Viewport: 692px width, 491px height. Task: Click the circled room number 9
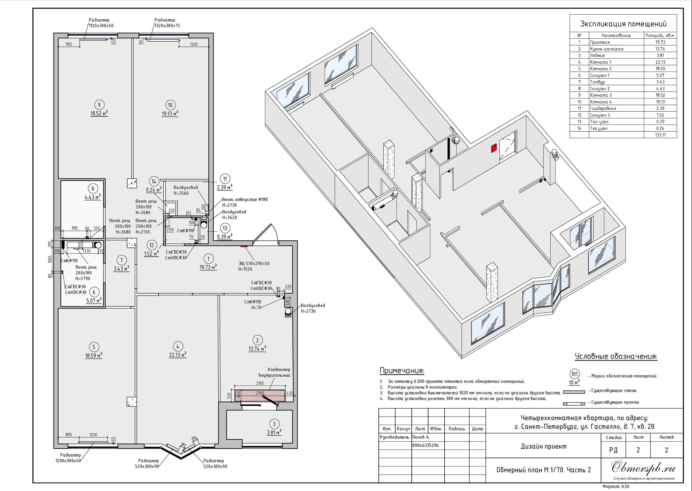point(99,105)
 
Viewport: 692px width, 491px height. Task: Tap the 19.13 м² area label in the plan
point(170,114)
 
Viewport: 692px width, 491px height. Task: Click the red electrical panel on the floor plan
point(244,246)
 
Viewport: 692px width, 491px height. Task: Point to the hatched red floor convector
point(260,396)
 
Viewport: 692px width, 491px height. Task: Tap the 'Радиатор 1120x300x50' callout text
point(101,23)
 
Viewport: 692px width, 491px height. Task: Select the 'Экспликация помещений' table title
point(623,24)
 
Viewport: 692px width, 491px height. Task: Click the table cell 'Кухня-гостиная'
point(607,49)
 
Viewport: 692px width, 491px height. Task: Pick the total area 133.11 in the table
point(660,135)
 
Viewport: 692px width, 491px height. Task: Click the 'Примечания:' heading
point(402,371)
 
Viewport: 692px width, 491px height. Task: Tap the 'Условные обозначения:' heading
point(616,356)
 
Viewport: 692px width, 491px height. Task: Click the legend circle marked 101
point(574,374)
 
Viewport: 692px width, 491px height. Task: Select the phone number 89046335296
point(425,445)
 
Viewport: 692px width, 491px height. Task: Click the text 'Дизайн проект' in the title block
point(544,446)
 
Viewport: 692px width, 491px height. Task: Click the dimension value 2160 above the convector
point(260,383)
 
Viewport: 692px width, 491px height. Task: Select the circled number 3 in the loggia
point(274,424)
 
